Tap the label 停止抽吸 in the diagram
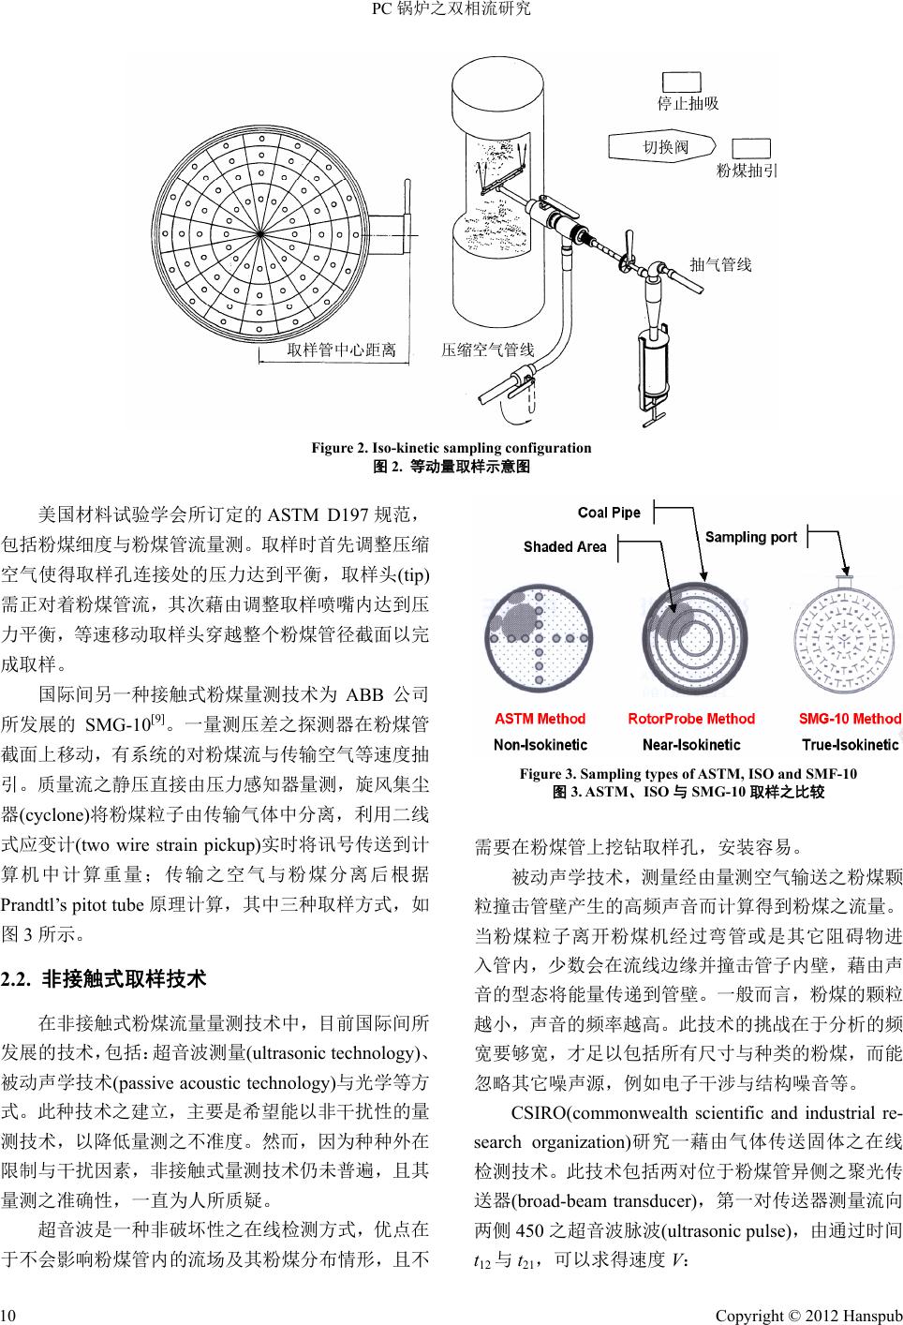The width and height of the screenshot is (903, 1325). (x=687, y=103)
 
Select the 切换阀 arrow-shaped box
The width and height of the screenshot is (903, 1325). (x=664, y=146)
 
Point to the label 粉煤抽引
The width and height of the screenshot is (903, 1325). (x=748, y=171)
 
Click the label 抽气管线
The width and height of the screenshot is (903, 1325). (x=720, y=265)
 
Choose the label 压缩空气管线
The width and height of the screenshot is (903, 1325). (x=487, y=350)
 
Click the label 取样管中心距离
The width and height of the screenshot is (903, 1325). (x=342, y=350)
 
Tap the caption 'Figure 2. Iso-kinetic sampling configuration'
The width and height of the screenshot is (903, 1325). (x=451, y=448)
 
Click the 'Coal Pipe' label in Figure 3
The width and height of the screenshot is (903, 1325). (x=610, y=513)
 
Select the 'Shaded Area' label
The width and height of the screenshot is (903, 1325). (x=565, y=547)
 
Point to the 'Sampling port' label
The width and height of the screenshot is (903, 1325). (x=751, y=538)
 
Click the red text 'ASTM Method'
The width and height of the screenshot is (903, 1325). (x=540, y=720)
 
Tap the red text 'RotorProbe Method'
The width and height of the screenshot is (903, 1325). (x=691, y=720)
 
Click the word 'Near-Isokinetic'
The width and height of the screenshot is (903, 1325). (x=691, y=745)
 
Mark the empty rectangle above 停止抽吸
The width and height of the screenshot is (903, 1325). (x=682, y=82)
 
